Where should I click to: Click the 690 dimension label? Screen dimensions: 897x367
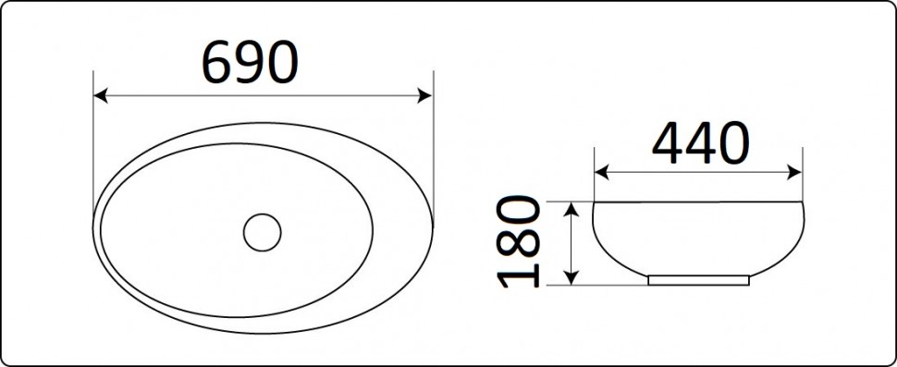click(250, 62)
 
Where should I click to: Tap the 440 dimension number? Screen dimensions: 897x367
click(700, 142)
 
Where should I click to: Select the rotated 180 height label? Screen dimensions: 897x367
click(519, 241)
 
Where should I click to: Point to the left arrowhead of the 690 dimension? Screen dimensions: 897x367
click(100, 95)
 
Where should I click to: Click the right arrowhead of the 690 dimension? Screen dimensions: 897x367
click(425, 95)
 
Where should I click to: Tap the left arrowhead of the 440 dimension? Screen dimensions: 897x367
click(602, 172)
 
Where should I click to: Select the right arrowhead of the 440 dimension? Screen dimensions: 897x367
click(794, 172)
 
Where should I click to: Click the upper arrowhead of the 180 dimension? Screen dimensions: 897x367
click(571, 210)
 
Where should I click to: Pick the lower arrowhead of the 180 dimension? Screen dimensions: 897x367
click(571, 277)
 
